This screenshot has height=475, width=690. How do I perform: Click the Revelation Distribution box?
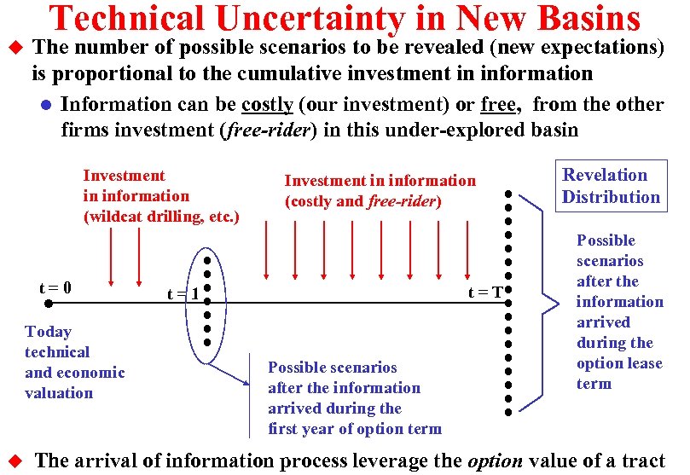tap(610, 186)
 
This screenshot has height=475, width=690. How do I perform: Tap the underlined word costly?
tap(267, 105)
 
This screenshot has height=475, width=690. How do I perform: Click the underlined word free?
tap(499, 105)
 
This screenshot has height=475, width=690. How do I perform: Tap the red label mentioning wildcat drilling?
tap(160, 196)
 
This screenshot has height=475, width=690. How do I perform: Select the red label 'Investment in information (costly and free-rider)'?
tap(380, 191)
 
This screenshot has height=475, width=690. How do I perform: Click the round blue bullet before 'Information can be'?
tap(46, 106)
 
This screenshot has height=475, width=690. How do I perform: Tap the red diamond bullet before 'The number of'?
tap(13, 49)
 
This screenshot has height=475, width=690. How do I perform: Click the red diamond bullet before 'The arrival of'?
tap(13, 461)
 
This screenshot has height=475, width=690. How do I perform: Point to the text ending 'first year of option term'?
tap(354, 398)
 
